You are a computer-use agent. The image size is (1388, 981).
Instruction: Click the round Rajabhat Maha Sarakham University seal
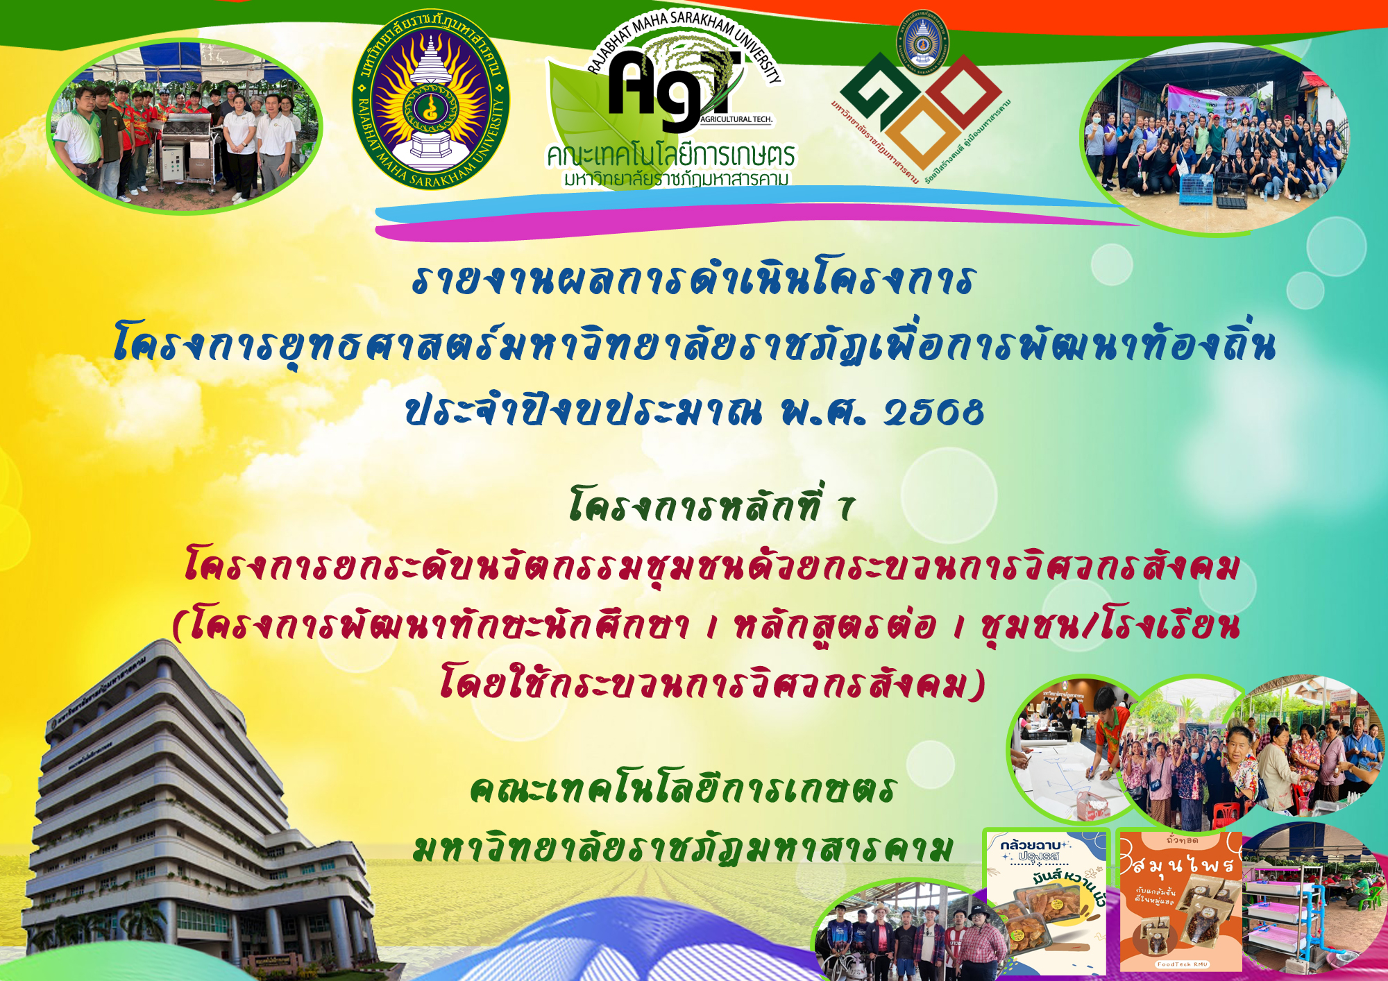pos(431,101)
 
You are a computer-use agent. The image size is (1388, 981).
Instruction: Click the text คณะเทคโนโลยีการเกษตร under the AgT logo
pos(670,155)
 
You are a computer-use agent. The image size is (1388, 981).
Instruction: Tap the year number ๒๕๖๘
pos(933,411)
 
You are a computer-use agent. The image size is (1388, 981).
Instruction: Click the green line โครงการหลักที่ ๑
pos(711,504)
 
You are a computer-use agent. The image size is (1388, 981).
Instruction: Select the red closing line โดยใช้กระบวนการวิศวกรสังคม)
pos(711,682)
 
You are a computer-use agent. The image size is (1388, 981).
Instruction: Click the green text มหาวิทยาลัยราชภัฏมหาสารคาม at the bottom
pos(684,848)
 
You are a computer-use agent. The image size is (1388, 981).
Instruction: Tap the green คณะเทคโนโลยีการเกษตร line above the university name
pos(684,789)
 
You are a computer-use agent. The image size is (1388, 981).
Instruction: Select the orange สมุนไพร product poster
pos(1180,902)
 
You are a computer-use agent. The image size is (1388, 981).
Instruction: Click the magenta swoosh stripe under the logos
pos(694,223)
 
